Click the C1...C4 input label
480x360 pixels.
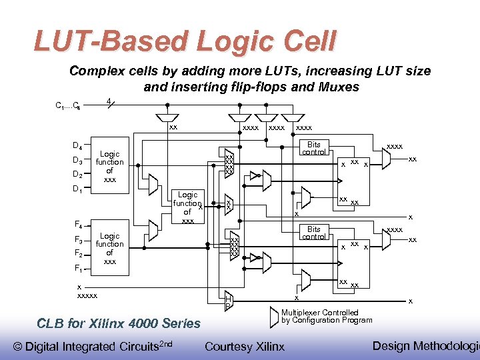(68, 105)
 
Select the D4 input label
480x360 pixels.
(77, 146)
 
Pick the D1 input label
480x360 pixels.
(77, 189)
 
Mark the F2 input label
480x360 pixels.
(77, 254)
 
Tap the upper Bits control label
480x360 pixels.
(314, 148)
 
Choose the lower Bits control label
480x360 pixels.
(314, 233)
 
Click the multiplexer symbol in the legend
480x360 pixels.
(274, 317)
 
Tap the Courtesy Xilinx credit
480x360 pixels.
(245, 346)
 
